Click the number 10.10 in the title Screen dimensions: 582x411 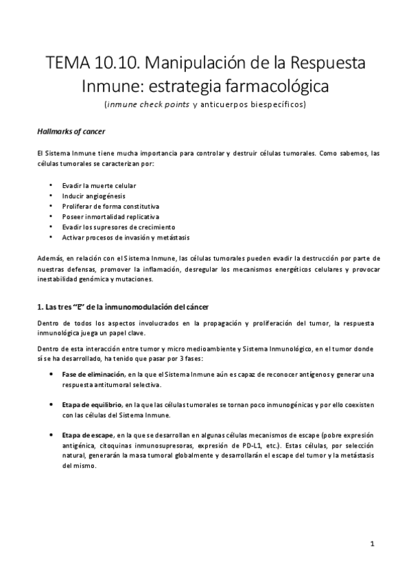(109, 65)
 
